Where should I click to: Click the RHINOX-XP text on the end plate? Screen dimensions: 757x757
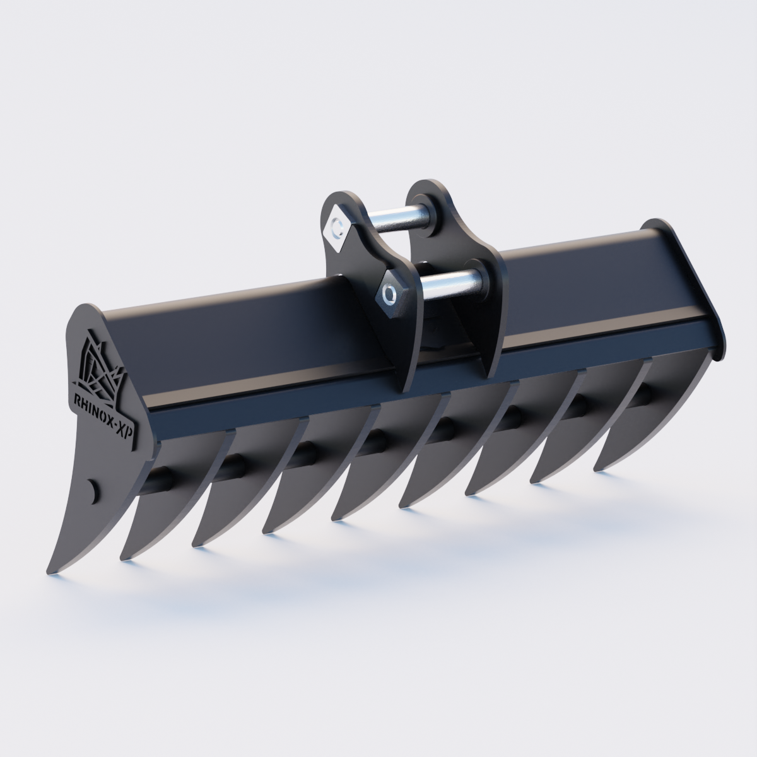pos(102,416)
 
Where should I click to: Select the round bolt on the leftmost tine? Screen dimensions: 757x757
pos(93,490)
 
